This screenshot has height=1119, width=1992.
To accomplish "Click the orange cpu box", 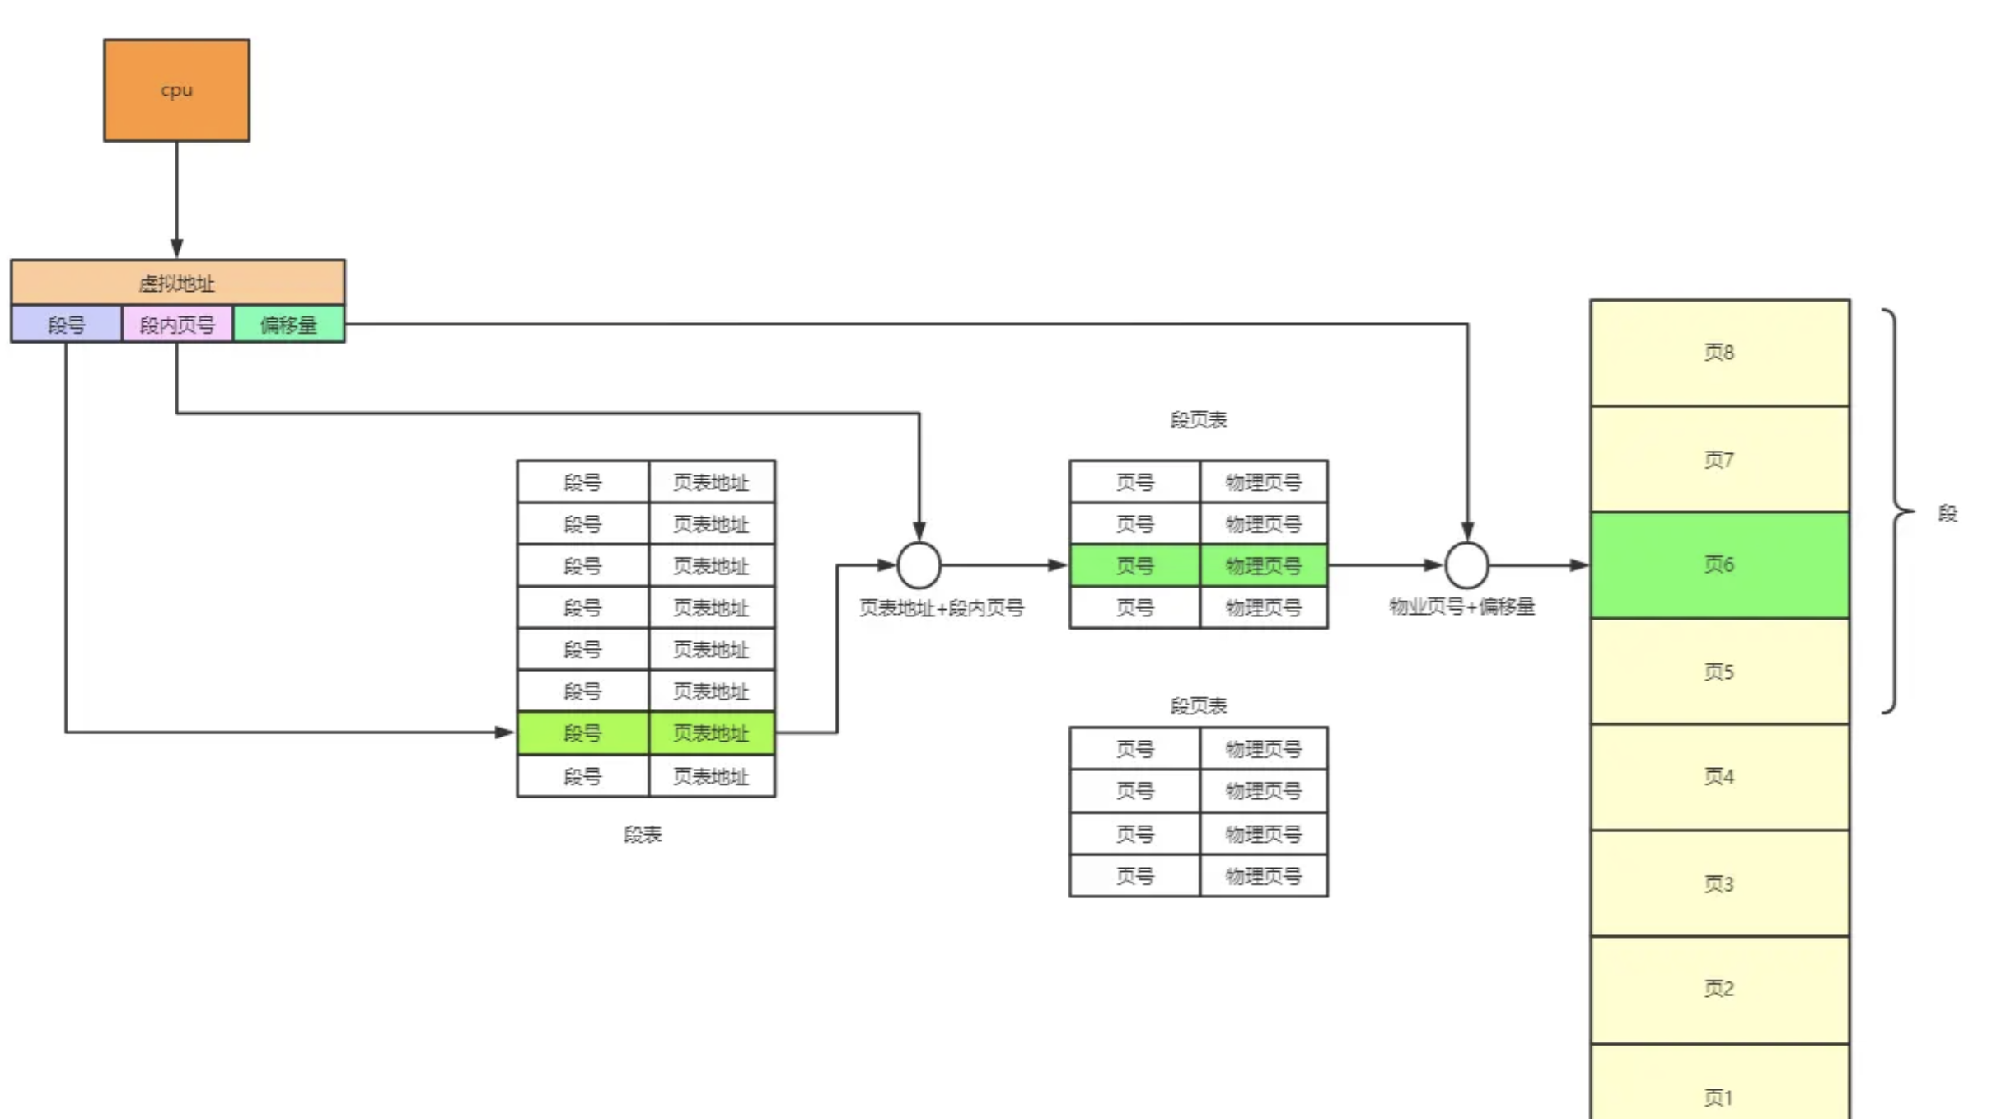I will pyautogui.click(x=176, y=90).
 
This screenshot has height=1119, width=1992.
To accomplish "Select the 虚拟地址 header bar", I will pyautogui.click(x=177, y=283).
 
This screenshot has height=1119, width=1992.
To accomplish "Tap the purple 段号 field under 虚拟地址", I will pyautogui.click(x=66, y=325).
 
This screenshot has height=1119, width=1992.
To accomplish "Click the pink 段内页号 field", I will pyautogui.click(x=177, y=325).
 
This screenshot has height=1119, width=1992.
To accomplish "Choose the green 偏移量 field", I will pyautogui.click(x=288, y=325).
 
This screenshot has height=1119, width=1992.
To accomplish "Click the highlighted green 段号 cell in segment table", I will pyautogui.click(x=582, y=733).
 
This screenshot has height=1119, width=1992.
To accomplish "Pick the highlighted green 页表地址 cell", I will pyautogui.click(x=711, y=733).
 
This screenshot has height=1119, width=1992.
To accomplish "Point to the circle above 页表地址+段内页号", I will pyautogui.click(x=919, y=565).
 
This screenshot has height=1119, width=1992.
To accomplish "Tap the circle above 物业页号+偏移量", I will pyautogui.click(x=1466, y=565).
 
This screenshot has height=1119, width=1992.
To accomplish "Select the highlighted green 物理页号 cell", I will pyautogui.click(x=1263, y=565).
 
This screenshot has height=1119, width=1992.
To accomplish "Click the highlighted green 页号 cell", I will pyautogui.click(x=1134, y=565).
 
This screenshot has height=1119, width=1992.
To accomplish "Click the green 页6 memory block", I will pyautogui.click(x=1719, y=565).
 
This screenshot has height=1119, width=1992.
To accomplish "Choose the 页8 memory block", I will pyautogui.click(x=1719, y=353).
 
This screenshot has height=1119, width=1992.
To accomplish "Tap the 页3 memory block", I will pyautogui.click(x=1719, y=883).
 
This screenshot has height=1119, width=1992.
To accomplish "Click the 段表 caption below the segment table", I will pyautogui.click(x=643, y=835).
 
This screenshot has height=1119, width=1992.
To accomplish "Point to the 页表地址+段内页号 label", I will pyautogui.click(x=941, y=608).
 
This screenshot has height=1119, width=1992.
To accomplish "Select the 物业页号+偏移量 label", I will pyautogui.click(x=1461, y=606).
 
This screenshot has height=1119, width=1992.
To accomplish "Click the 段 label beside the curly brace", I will pyautogui.click(x=1948, y=513).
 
